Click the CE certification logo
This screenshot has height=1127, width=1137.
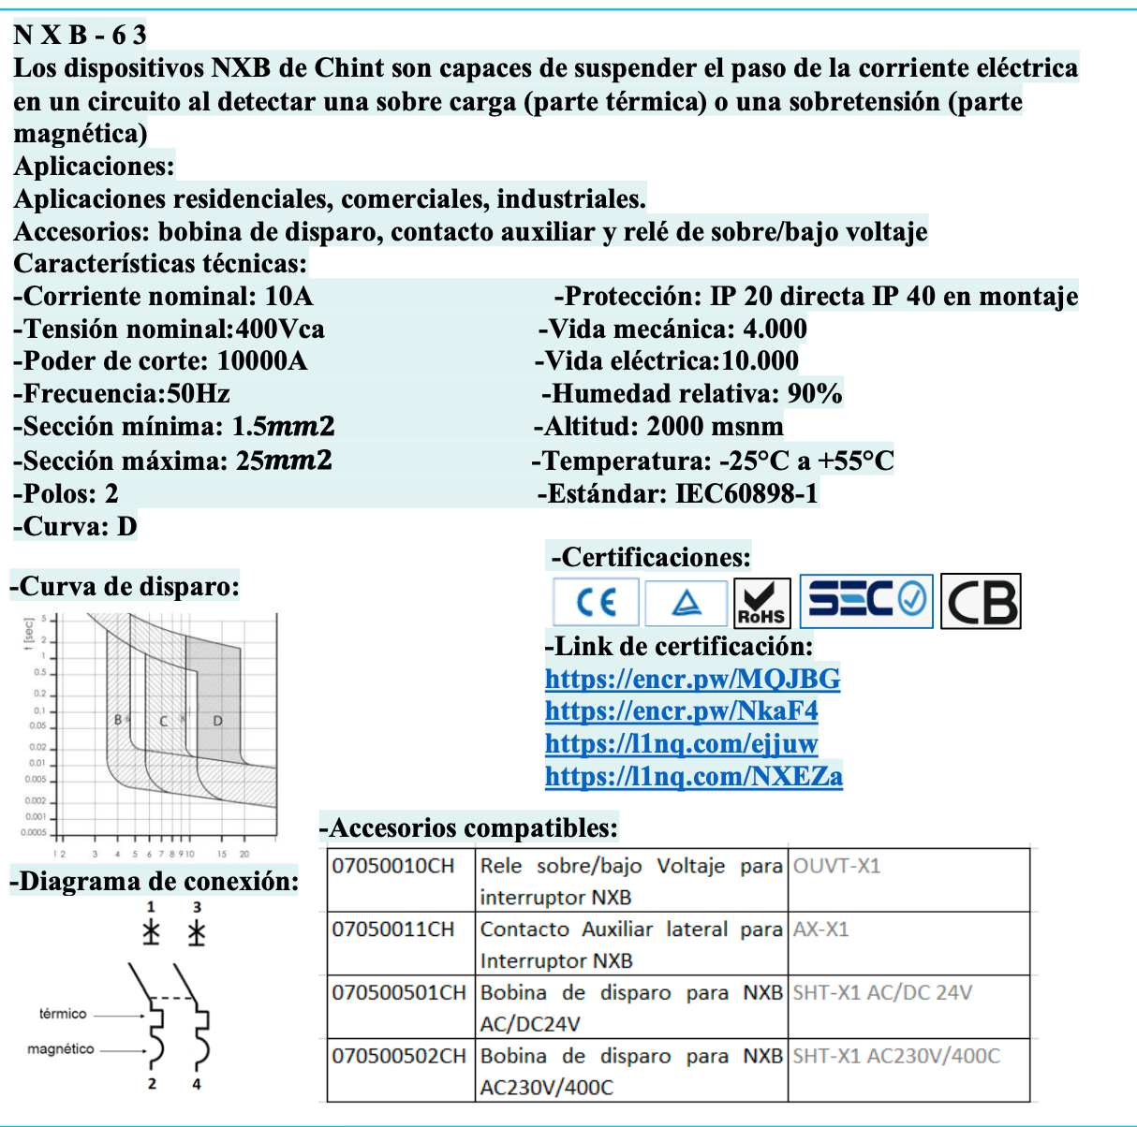tap(596, 601)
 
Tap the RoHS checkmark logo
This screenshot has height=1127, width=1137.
tap(761, 602)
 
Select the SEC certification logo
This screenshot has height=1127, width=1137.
tap(866, 600)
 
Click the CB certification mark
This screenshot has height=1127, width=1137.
tap(981, 602)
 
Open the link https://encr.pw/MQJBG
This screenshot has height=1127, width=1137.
tap(692, 679)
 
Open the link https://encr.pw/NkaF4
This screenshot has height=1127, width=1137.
tap(681, 711)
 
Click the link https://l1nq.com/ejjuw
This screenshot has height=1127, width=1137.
tap(681, 744)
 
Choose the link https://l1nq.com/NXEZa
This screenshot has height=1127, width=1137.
tap(693, 777)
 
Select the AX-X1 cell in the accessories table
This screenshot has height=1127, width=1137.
tap(820, 929)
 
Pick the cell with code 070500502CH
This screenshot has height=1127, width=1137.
tap(399, 1056)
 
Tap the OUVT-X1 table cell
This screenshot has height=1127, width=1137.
tap(836, 866)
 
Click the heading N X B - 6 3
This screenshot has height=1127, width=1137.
tap(81, 36)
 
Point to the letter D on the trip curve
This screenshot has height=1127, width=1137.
tap(217, 721)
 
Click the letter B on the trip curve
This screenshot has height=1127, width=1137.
tap(118, 720)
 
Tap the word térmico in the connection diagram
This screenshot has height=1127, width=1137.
tap(63, 1014)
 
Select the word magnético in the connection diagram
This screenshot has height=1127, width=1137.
tap(61, 1049)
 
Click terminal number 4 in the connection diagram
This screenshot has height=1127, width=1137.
tap(197, 1084)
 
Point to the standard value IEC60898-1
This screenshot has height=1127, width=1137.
tap(746, 493)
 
